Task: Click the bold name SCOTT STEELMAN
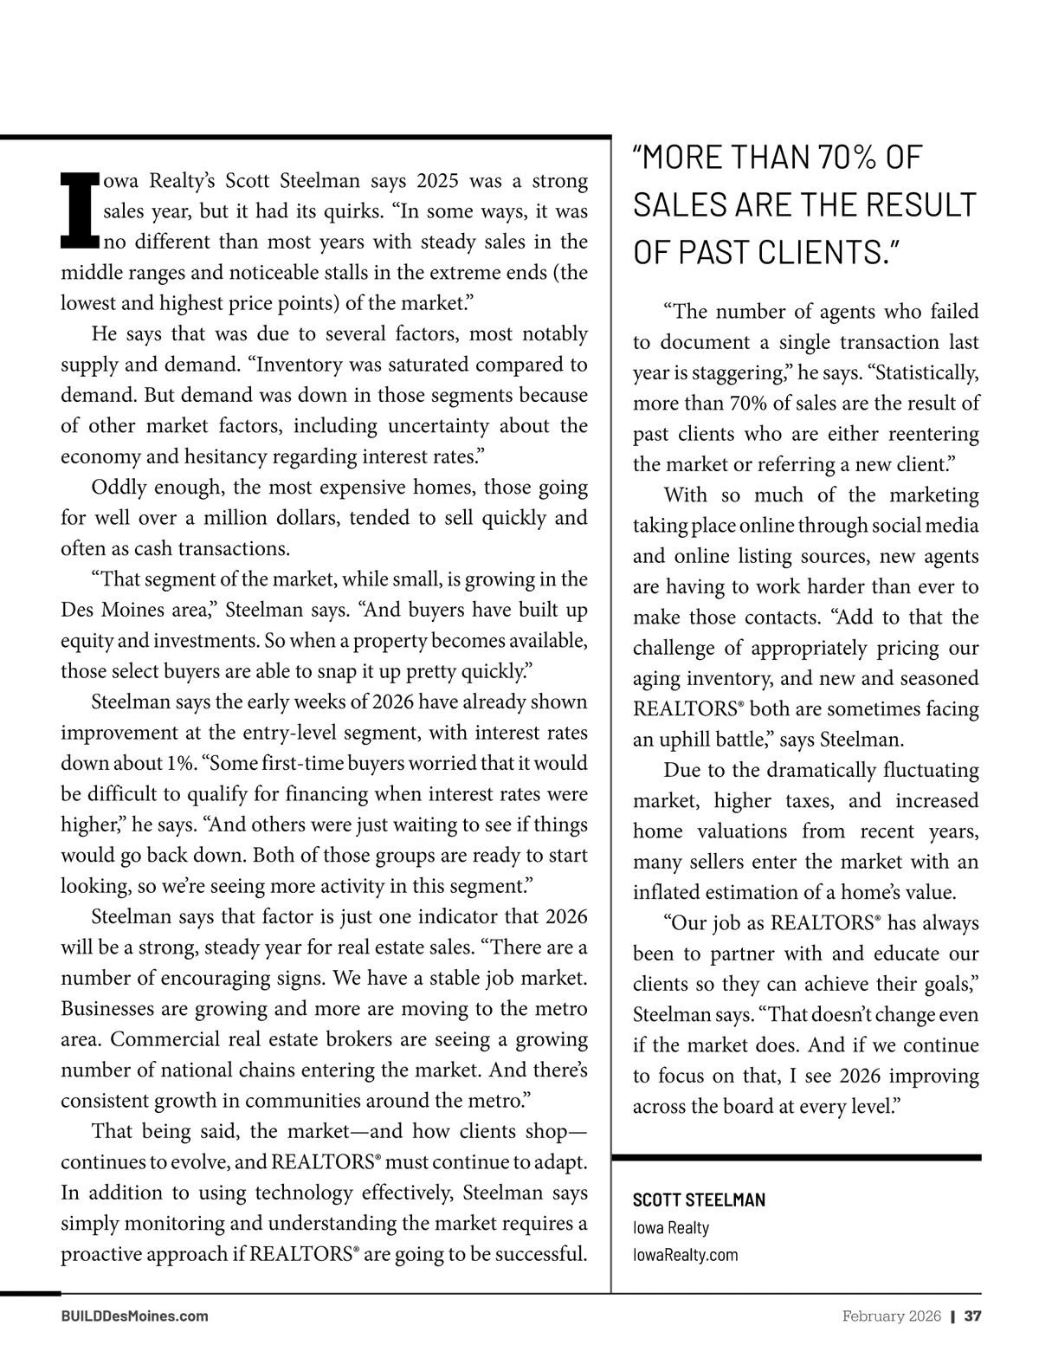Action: (x=699, y=1200)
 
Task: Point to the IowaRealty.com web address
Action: (x=685, y=1254)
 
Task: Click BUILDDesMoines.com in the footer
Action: (x=134, y=1316)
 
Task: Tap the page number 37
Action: (x=972, y=1316)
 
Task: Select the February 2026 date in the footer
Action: (x=891, y=1316)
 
